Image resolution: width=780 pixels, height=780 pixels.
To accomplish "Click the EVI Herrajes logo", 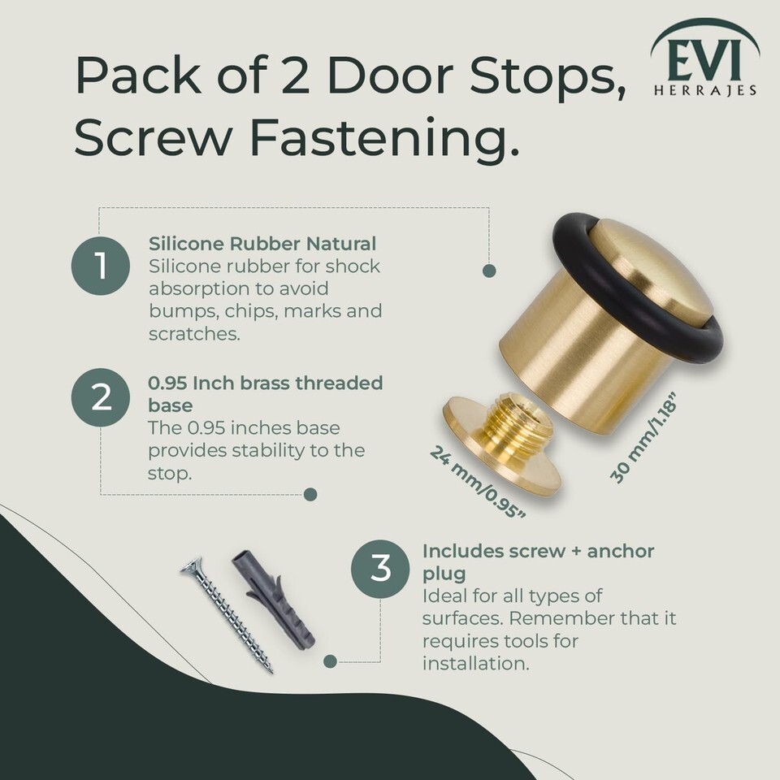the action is coord(705,58).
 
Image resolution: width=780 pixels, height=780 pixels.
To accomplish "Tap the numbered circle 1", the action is coord(101,266).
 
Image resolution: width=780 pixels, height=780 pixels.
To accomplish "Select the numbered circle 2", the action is coord(101,397).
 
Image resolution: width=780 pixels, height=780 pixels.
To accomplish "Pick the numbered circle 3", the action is coord(380,569).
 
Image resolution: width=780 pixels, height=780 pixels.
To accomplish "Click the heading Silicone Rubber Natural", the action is coord(262,244).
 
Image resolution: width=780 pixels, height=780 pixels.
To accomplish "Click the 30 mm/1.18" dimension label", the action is coord(643,438).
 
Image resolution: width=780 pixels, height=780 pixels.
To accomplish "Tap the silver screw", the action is coord(227,615).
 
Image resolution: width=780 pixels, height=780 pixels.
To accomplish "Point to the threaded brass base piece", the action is coord(501,443).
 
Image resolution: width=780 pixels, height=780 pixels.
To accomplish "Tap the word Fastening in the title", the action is coord(384,139).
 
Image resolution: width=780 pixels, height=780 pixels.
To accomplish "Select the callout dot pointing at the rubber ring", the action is coord(489,271).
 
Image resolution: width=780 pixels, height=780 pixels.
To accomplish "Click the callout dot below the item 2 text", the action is coord(310,495).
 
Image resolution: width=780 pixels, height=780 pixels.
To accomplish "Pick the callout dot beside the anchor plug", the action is coord(331,661).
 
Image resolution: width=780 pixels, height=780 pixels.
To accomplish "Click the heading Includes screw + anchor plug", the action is coord(538,562).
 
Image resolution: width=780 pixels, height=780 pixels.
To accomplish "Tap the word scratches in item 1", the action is coord(194,334).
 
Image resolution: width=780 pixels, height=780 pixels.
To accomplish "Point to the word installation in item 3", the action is coord(475,663).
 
